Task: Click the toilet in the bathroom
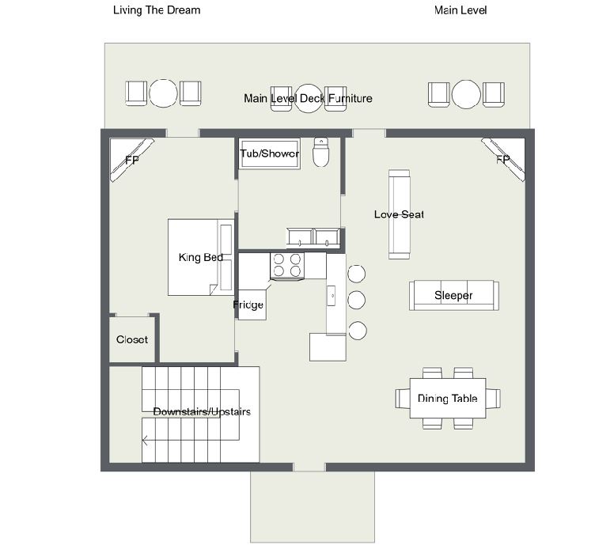tap(320, 152)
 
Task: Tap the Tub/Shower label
tap(269, 153)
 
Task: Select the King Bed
tap(201, 257)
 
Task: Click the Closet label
tap(132, 339)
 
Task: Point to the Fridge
tap(252, 305)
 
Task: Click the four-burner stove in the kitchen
tap(287, 267)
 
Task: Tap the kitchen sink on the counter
tap(332, 296)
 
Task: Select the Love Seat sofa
tap(399, 214)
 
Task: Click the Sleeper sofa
tap(454, 295)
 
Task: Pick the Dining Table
tap(448, 398)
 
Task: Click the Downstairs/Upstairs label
tap(202, 411)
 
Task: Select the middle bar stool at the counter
tap(356, 300)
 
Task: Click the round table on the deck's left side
tap(163, 93)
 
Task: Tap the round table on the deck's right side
tap(466, 94)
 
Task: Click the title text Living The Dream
tap(157, 10)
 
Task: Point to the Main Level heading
tap(460, 10)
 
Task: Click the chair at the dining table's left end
tap(403, 398)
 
